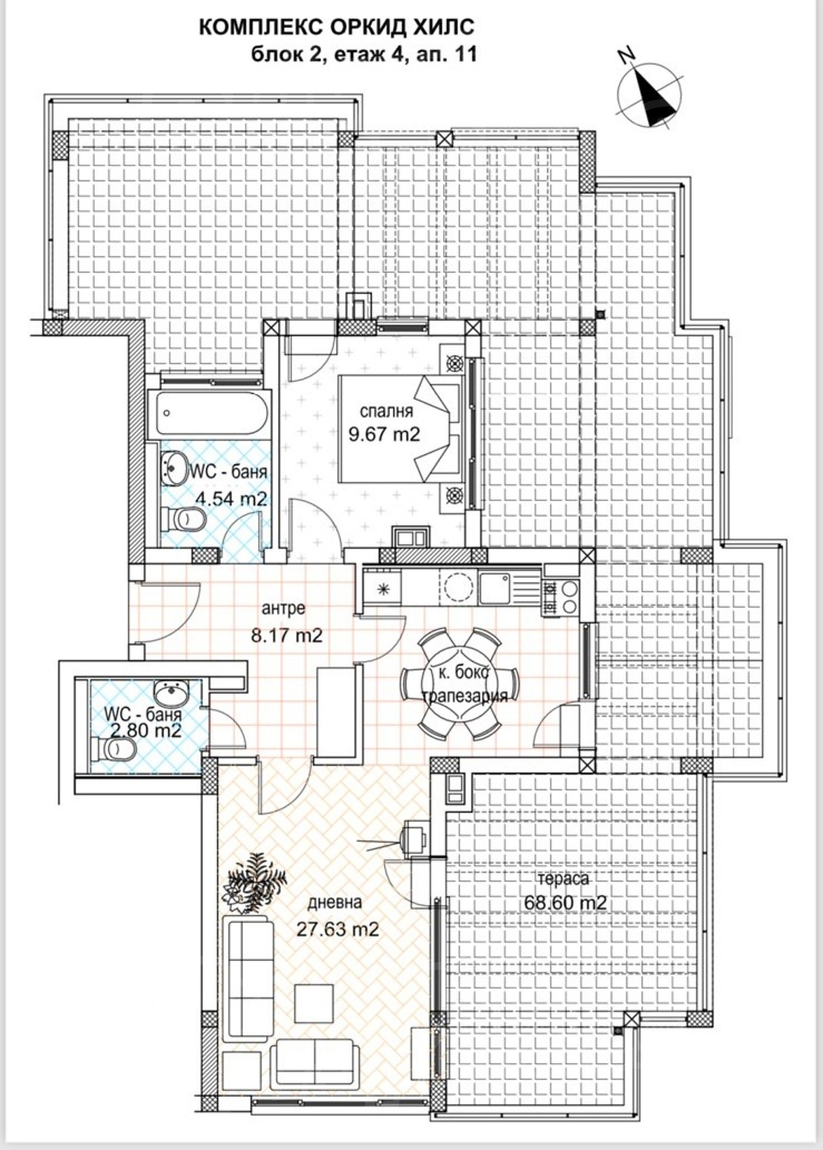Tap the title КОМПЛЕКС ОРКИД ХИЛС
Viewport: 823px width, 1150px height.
pyautogui.click(x=336, y=27)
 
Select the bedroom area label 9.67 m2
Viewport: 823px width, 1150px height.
pyautogui.click(x=384, y=434)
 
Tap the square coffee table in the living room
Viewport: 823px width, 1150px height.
pyautogui.click(x=314, y=1003)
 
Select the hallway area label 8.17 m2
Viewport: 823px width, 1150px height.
pyautogui.click(x=286, y=636)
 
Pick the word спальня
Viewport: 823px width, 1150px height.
pyautogui.click(x=386, y=410)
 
